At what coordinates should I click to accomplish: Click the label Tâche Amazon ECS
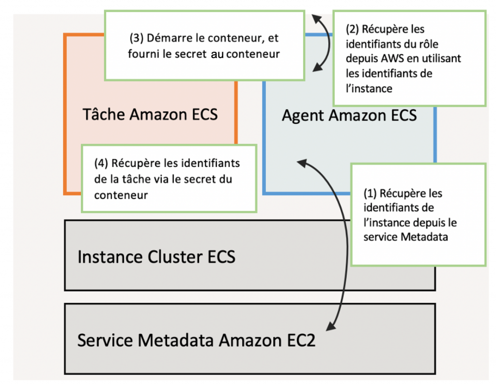coord(150,115)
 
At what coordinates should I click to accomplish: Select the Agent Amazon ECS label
coord(349,116)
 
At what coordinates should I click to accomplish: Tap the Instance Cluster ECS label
coord(156,256)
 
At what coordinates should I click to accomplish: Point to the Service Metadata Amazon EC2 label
coord(196,340)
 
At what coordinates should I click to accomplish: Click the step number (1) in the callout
coord(371,194)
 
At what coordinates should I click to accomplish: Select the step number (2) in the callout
coord(353,30)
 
